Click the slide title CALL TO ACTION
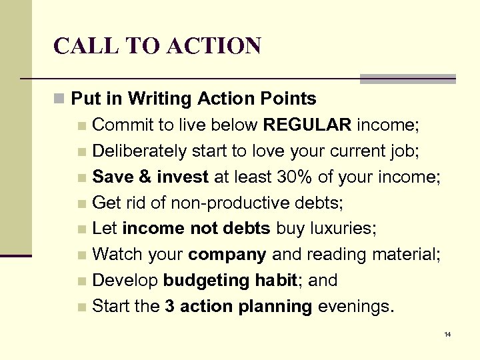(x=157, y=45)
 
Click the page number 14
(x=447, y=333)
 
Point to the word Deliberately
(x=139, y=151)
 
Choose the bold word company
(x=227, y=255)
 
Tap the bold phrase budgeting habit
(x=230, y=281)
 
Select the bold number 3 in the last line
(x=169, y=307)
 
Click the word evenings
(x=355, y=307)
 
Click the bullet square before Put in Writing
(x=59, y=99)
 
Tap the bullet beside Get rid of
(x=81, y=203)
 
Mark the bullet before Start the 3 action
(x=81, y=307)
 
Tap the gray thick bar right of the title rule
(x=407, y=79)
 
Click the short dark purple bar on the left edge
(x=16, y=255)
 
